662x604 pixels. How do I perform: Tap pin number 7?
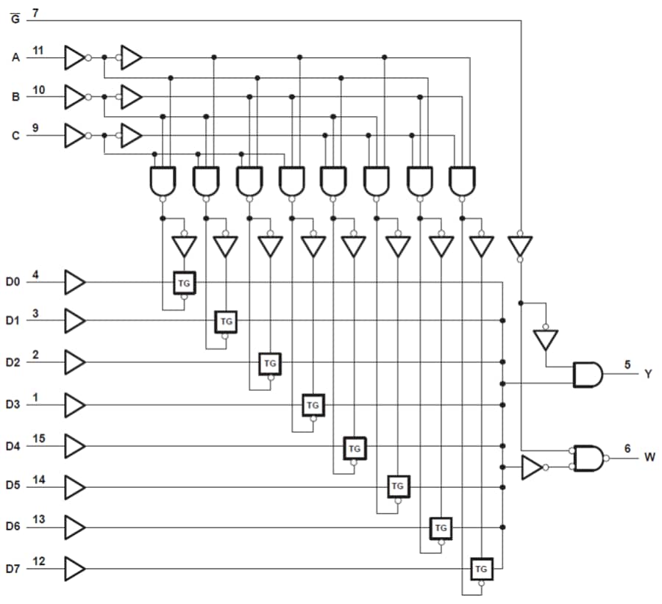[x=36, y=12]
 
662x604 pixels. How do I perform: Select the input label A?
[x=16, y=57]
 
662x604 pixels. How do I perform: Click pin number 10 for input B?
[x=39, y=90]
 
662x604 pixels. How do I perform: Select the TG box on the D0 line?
[x=184, y=282]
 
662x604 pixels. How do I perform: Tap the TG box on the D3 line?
[x=313, y=405]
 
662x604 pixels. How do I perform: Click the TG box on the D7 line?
[x=482, y=569]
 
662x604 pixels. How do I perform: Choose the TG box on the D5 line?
[x=398, y=486]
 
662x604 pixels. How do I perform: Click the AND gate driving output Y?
[x=587, y=375]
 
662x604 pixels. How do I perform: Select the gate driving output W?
[x=588, y=458]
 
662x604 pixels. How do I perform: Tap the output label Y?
[x=648, y=375]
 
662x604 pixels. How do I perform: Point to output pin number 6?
[x=626, y=447]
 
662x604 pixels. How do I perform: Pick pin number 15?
[x=38, y=439]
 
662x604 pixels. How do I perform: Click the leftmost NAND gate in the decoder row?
[x=163, y=181]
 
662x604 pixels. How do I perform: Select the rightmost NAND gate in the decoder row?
[x=463, y=181]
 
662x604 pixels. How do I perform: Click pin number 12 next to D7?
[x=38, y=561]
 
